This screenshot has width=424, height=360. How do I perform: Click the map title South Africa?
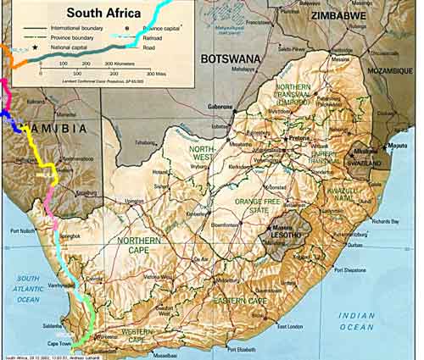104,13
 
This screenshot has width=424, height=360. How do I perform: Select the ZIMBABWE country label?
338,16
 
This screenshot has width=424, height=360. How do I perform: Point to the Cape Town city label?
69,344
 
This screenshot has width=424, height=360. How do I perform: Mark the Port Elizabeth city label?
238,349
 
